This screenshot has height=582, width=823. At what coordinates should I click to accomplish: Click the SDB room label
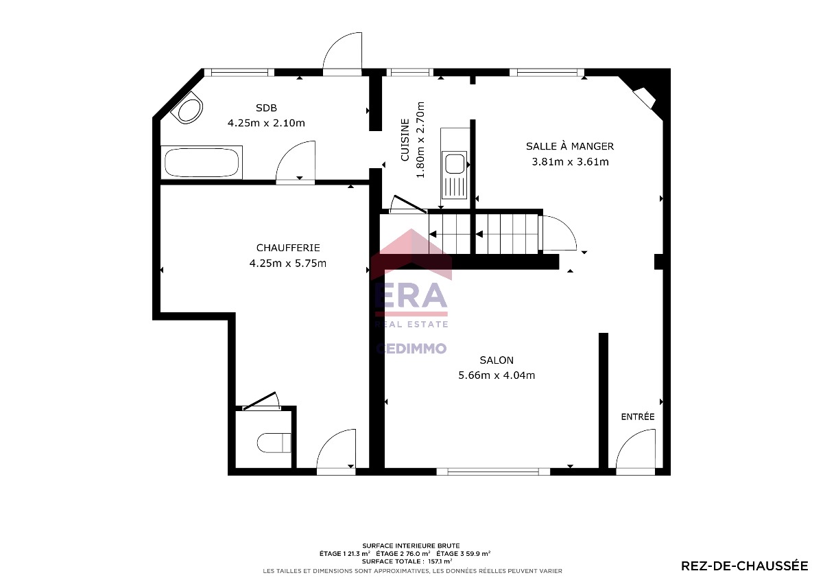pyautogui.click(x=266, y=108)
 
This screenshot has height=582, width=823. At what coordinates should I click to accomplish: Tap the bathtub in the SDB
pyautogui.click(x=202, y=163)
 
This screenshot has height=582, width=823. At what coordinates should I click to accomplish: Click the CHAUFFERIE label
pyautogui.click(x=288, y=248)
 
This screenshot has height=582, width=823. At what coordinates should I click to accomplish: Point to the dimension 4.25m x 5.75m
pyautogui.click(x=287, y=264)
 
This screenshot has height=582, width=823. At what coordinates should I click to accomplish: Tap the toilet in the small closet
pyautogui.click(x=274, y=443)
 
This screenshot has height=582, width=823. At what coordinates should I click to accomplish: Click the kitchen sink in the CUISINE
pyautogui.click(x=455, y=164)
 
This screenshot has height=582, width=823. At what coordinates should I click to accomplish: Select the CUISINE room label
pyautogui.click(x=405, y=140)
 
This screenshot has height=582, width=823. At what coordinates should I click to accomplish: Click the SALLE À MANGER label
pyautogui.click(x=570, y=146)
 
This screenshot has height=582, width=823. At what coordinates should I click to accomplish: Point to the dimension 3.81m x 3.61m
pyautogui.click(x=570, y=162)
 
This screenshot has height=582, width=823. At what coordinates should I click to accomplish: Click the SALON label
pyautogui.click(x=497, y=360)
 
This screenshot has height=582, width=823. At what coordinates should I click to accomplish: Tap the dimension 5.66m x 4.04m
pyautogui.click(x=497, y=375)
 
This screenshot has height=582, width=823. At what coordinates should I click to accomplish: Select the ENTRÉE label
pyautogui.click(x=638, y=417)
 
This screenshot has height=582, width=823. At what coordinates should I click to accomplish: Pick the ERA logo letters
pyautogui.click(x=411, y=296)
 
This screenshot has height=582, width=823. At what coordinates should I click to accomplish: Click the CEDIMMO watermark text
pyautogui.click(x=411, y=348)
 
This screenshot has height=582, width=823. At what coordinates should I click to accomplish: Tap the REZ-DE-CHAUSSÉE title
pyautogui.click(x=745, y=566)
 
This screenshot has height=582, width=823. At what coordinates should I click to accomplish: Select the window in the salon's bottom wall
pyautogui.click(x=493, y=472)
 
